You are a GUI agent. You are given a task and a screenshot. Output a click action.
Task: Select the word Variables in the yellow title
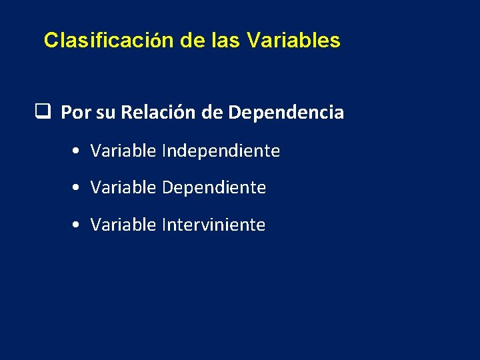(293, 41)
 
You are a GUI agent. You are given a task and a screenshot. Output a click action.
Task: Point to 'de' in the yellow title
(193, 41)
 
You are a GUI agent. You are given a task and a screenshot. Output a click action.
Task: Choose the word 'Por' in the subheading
(76, 113)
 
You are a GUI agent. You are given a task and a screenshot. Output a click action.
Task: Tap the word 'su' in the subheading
(105, 113)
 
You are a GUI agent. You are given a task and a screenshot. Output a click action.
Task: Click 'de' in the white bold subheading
(212, 113)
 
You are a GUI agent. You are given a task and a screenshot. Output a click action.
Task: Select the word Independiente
(221, 151)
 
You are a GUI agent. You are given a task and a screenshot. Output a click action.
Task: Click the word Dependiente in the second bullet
(213, 188)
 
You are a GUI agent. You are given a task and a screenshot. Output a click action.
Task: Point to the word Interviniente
(213, 225)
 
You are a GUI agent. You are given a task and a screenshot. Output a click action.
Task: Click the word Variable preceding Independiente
(123, 151)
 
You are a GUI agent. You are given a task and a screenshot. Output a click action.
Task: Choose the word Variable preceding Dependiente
(123, 188)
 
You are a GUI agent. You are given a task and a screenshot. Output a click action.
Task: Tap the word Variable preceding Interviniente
(123, 225)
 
